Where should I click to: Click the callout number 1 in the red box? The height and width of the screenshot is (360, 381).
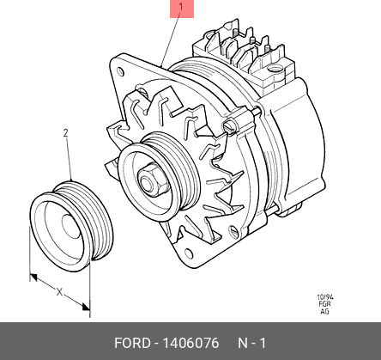pyautogui.click(x=181, y=8)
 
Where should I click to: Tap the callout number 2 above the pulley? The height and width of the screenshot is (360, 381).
pyautogui.click(x=66, y=133)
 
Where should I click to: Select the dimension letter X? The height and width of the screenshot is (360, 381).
pyautogui.click(x=59, y=292)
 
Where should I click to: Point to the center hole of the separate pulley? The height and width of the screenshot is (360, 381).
pyautogui.click(x=70, y=227)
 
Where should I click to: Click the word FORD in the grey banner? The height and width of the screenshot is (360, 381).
pyautogui.click(x=132, y=343)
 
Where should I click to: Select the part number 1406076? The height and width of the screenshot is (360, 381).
pyautogui.click(x=190, y=343)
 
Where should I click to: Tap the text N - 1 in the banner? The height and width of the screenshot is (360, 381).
pyautogui.click(x=251, y=343)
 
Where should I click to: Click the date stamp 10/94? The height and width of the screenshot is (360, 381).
pyautogui.click(x=325, y=297)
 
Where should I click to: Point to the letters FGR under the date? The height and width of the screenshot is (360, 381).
pyautogui.click(x=324, y=304)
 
